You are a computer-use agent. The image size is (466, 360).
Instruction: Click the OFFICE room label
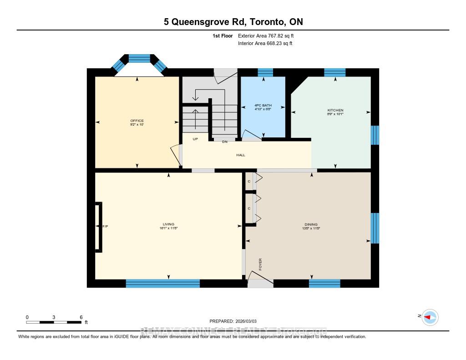(x=137, y=121)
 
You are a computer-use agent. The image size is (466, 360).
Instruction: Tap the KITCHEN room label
(x=335, y=111)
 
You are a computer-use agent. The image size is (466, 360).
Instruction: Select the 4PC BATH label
(x=263, y=105)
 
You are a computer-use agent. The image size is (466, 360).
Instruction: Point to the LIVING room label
(x=168, y=224)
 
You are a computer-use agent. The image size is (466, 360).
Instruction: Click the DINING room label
(x=311, y=224)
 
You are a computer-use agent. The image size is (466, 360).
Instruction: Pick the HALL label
(x=241, y=155)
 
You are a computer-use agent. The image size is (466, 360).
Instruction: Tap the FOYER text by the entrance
(x=261, y=264)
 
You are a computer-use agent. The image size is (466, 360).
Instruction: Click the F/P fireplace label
(x=105, y=227)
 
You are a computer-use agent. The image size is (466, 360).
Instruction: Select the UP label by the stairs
(x=195, y=139)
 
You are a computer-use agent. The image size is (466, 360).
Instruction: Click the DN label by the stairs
(x=224, y=142)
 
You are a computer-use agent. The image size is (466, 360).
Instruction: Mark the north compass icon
(x=430, y=317)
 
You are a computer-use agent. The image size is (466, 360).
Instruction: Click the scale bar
(x=54, y=322)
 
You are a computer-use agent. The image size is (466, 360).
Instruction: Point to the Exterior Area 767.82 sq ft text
(x=268, y=35)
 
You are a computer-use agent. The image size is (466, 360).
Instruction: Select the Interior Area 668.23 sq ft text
(x=265, y=44)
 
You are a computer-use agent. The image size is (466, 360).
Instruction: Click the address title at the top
(x=233, y=22)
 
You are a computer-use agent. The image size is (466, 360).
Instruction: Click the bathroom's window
(x=265, y=72)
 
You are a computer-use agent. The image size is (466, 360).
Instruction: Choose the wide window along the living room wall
(x=162, y=284)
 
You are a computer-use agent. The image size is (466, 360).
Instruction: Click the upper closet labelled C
(x=249, y=182)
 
